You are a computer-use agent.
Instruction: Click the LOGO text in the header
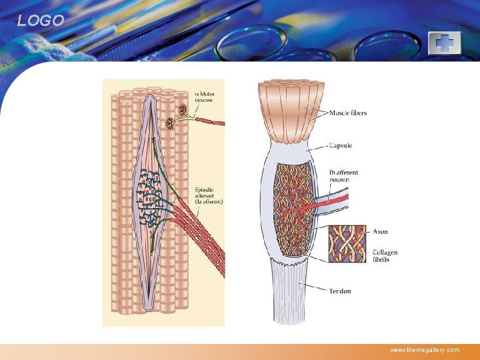(41, 21)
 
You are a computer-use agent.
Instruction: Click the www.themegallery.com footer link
(425, 350)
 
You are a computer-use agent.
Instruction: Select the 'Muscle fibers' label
(347, 113)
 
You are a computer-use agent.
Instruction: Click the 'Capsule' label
(341, 145)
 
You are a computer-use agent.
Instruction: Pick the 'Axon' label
(381, 232)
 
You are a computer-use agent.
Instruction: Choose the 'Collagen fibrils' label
(385, 255)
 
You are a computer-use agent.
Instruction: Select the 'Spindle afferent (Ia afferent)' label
(209, 195)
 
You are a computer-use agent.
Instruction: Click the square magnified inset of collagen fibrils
(347, 243)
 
